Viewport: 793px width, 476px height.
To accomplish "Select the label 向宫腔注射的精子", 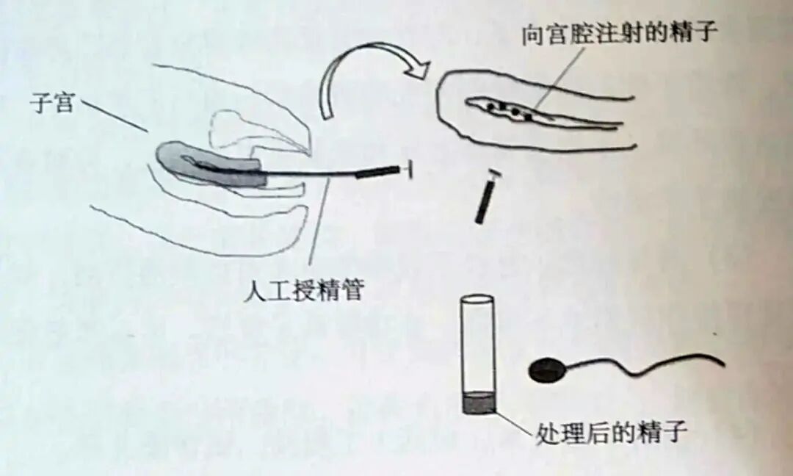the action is click(x=618, y=35).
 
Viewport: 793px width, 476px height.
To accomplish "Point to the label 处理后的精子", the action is click(x=612, y=431).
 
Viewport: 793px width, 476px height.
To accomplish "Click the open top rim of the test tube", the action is click(x=477, y=299).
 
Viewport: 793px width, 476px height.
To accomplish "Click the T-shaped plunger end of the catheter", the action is click(x=409, y=172).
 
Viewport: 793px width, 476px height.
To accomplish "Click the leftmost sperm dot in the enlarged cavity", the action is click(x=489, y=107).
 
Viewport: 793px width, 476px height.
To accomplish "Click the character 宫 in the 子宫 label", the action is click(x=63, y=104).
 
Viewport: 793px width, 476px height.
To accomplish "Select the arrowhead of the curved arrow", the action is click(x=419, y=70).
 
